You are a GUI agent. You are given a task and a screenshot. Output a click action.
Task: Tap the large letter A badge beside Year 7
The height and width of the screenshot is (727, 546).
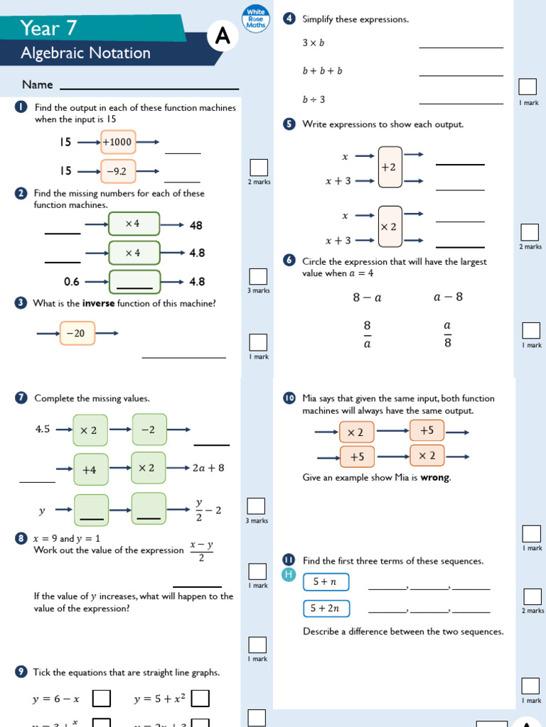(223, 38)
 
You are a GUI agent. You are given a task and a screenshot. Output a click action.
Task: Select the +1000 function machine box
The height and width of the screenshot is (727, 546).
(117, 142)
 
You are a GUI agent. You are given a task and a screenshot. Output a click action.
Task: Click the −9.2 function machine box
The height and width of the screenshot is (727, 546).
(117, 171)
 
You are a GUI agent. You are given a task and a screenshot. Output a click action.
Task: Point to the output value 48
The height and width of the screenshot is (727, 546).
(196, 226)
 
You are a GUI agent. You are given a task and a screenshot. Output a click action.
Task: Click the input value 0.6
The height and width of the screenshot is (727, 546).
(72, 282)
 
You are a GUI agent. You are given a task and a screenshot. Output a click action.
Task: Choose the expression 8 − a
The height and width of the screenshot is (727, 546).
(367, 297)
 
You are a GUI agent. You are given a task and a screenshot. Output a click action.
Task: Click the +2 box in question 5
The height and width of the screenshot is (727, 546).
(390, 167)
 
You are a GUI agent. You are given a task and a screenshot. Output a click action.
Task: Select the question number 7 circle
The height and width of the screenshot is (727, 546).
(21, 398)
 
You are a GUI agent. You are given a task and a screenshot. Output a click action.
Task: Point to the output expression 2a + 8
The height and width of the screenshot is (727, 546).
(208, 468)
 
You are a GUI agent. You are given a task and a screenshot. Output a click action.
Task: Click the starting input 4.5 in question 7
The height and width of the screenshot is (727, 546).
(43, 429)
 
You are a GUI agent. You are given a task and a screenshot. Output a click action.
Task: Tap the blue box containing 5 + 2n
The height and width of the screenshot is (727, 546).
(326, 608)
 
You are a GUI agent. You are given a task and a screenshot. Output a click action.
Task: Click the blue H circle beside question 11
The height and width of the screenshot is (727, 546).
(288, 574)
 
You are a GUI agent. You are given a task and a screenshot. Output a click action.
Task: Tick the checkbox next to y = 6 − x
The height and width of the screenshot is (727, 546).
(102, 699)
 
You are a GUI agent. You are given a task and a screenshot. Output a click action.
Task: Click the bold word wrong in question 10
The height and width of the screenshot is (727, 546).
(435, 478)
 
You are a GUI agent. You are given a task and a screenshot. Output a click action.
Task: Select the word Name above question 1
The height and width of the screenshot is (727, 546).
(38, 85)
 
